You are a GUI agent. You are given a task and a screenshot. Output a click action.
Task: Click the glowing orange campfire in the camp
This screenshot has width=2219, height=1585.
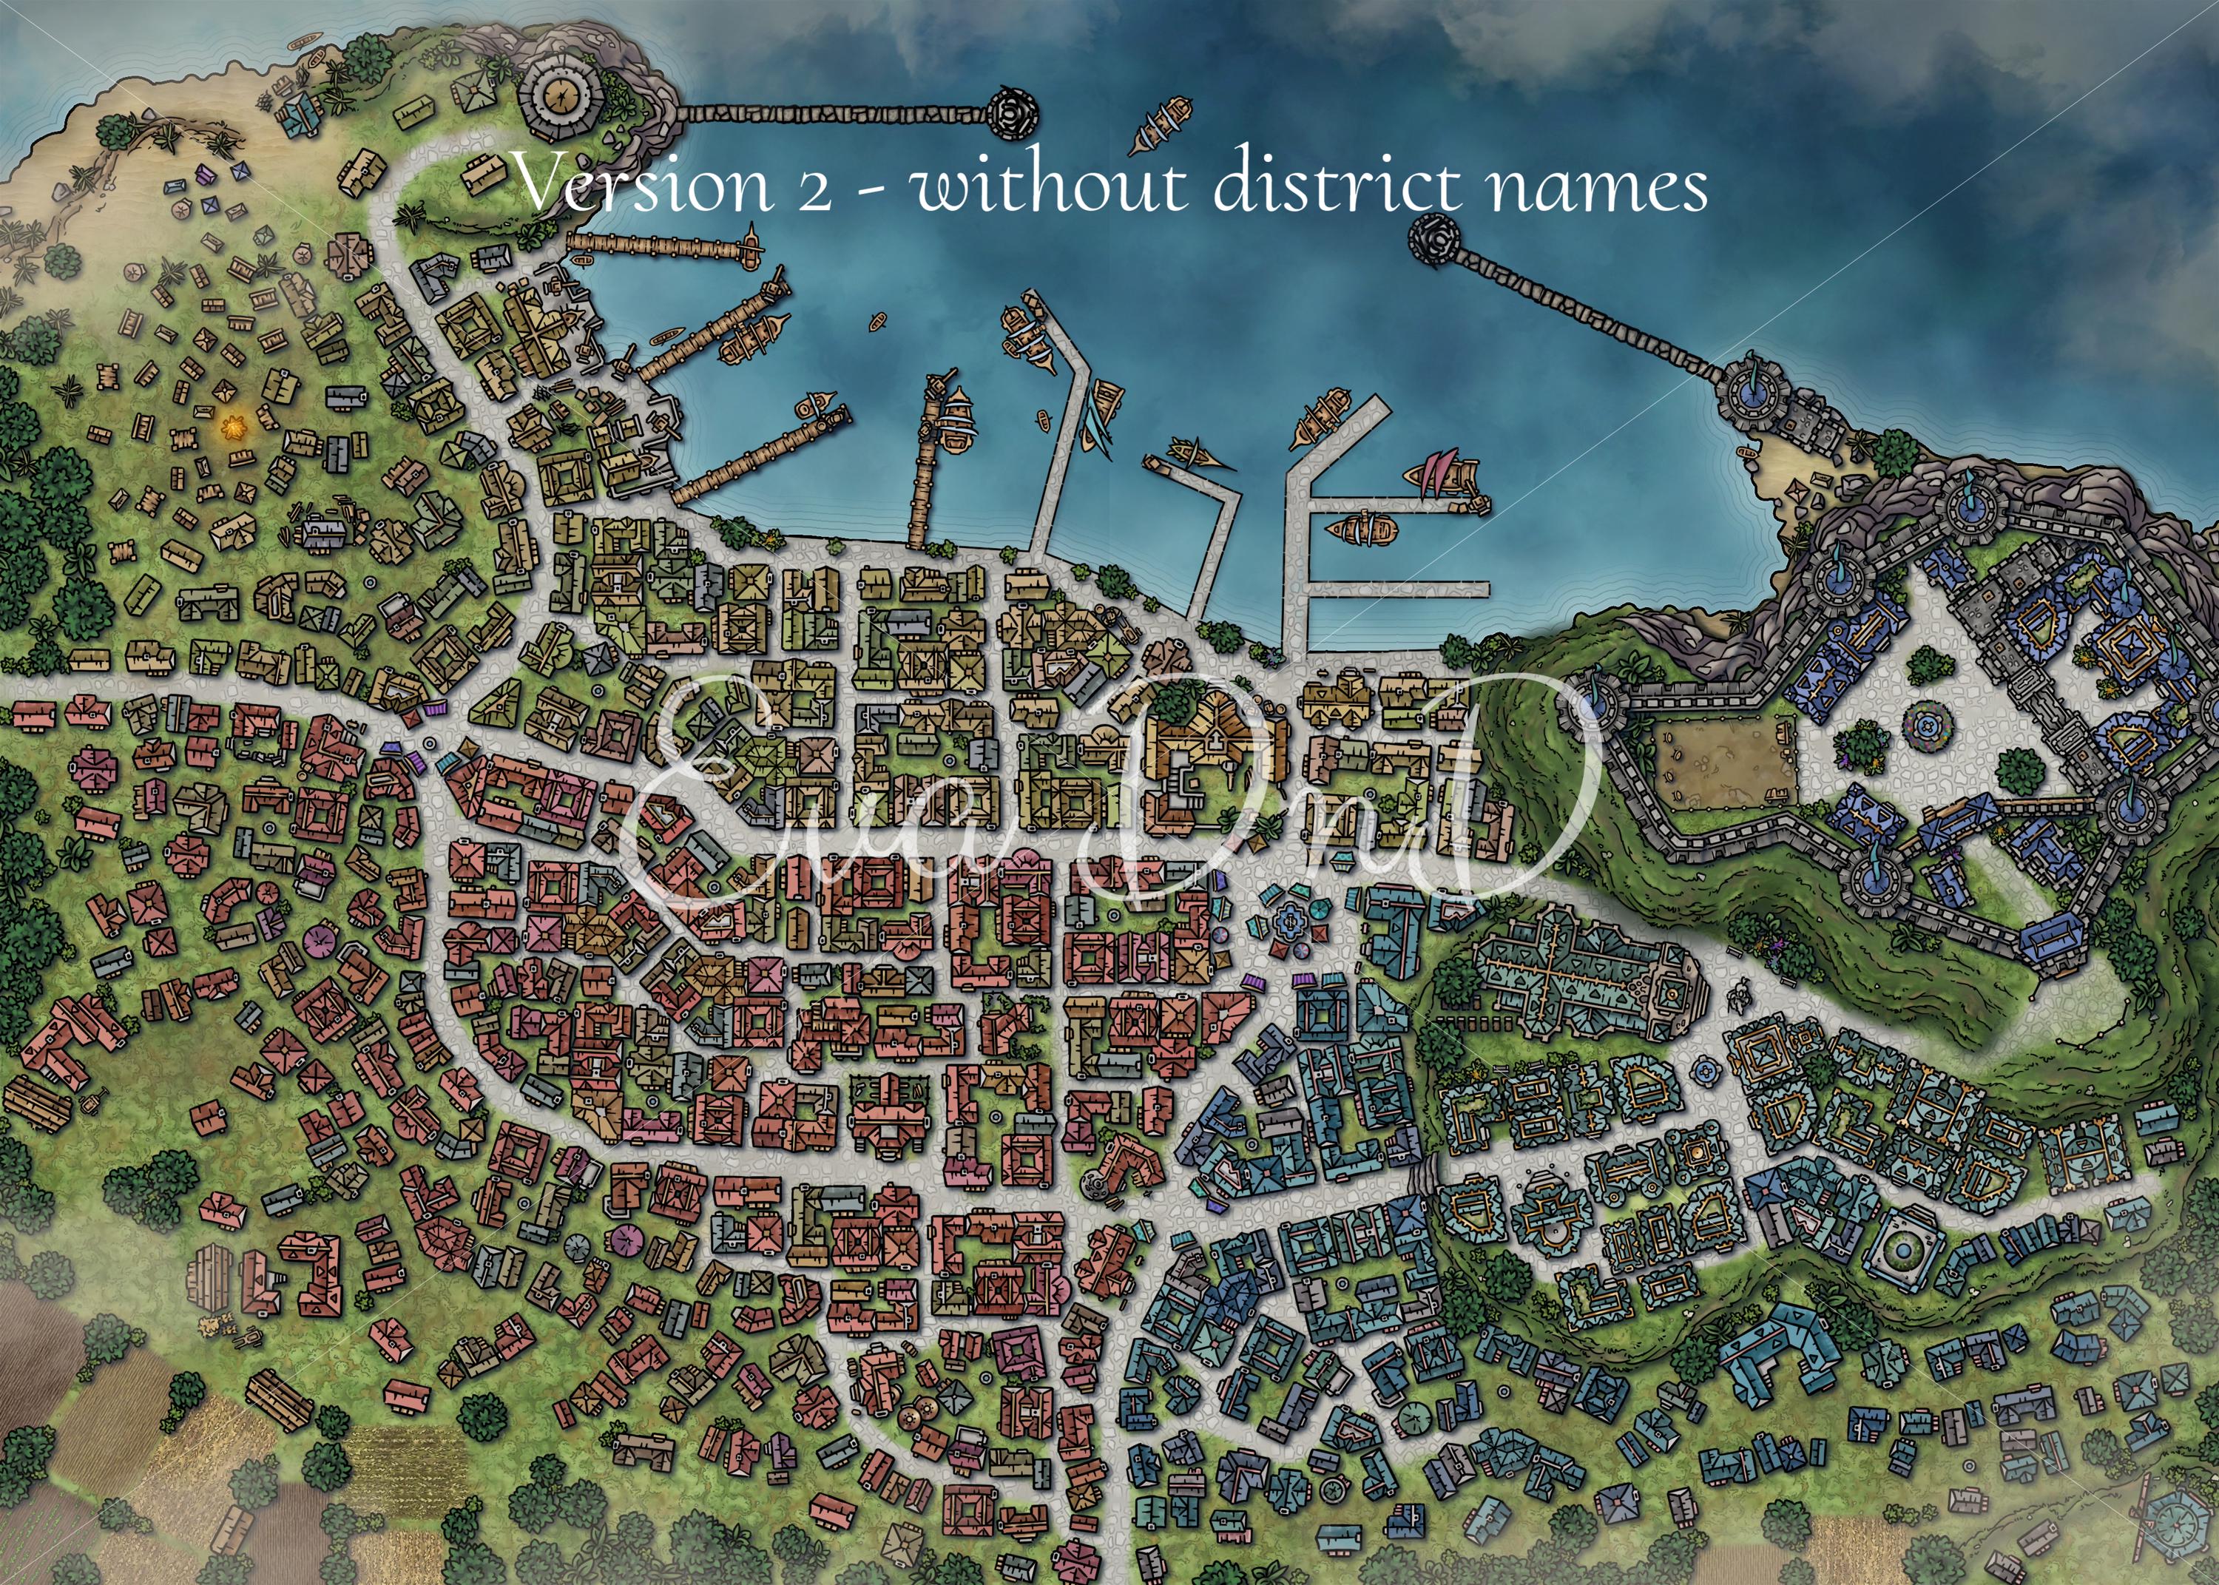coord(234,427)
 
